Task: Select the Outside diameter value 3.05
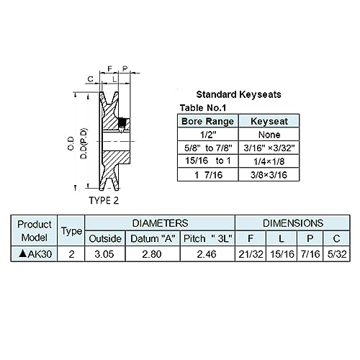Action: pyautogui.click(x=104, y=254)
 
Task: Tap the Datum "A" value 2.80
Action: pyautogui.click(x=152, y=254)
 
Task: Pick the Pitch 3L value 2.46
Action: pyautogui.click(x=207, y=254)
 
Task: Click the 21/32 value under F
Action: pyautogui.click(x=251, y=254)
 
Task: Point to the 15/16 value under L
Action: pyautogui.click(x=282, y=254)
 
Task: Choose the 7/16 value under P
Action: pyautogui.click(x=310, y=254)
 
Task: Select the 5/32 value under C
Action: pyautogui.click(x=337, y=254)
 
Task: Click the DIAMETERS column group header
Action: pyautogui.click(x=160, y=223)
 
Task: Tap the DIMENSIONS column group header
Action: pyautogui.click(x=293, y=223)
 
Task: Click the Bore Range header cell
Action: pyautogui.click(x=208, y=121)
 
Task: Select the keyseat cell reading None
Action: pyautogui.click(x=269, y=135)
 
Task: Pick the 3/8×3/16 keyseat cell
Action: pyautogui.click(x=269, y=175)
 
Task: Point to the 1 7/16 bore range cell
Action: pyautogui.click(x=208, y=175)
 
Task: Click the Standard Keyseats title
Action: pyautogui.click(x=238, y=94)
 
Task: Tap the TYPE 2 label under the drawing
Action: pyautogui.click(x=104, y=200)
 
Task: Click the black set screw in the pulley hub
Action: pyautogui.click(x=122, y=123)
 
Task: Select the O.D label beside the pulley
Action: pyautogui.click(x=71, y=144)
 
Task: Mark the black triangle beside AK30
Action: pyautogui.click(x=22, y=253)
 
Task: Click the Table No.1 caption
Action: pyautogui.click(x=203, y=108)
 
